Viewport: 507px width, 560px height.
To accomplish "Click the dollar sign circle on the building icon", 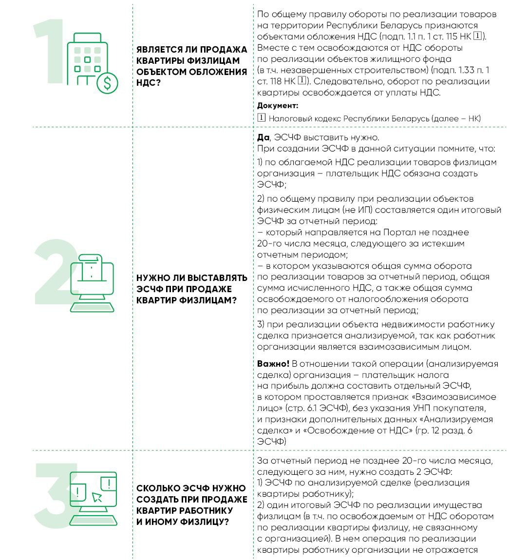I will coord(107,84).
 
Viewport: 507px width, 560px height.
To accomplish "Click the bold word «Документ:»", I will coord(278,106).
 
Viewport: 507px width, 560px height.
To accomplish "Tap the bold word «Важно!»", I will coord(273,364).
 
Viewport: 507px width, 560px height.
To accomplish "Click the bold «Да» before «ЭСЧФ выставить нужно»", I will coord(263,137).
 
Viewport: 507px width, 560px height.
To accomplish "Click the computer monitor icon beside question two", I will coord(93,275).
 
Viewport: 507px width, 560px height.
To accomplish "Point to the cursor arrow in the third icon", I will coord(97,497).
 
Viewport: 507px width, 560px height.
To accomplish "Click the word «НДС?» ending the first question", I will coord(149,83).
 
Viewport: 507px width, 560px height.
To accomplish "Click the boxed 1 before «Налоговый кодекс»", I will coord(262,118).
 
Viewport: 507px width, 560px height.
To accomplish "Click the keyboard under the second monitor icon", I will coord(93,307).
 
